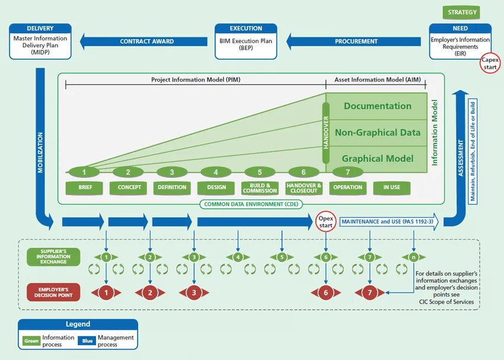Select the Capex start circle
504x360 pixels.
(490, 63)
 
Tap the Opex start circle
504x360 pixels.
(326, 222)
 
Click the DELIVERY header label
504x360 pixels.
(40, 28)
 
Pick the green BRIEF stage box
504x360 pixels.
(85, 187)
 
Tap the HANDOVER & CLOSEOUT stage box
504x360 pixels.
(304, 187)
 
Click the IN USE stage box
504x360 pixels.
(391, 187)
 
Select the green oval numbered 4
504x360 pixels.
(216, 173)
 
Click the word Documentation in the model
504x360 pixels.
(377, 106)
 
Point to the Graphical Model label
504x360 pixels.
(377, 158)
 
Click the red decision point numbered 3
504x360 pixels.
(194, 292)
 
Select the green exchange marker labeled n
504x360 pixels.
(413, 257)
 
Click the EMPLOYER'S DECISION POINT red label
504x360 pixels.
(53, 292)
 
